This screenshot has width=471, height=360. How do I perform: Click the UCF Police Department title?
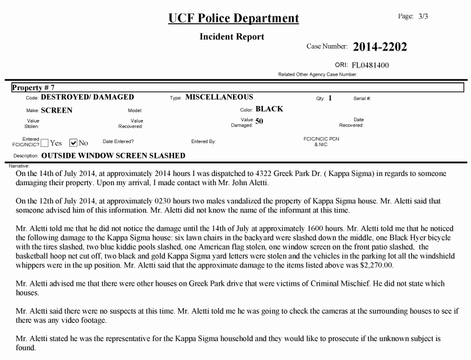coord(234,18)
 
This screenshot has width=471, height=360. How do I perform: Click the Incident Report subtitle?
coord(232,37)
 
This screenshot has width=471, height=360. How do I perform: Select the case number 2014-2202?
coord(380,47)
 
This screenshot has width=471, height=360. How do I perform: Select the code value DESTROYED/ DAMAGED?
coord(88,97)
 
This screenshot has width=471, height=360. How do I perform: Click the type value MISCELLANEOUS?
coord(219,97)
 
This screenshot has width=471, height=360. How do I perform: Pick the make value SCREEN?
coord(57,110)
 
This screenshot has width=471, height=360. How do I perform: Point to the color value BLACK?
coord(270,110)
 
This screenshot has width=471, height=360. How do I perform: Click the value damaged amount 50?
coord(259,121)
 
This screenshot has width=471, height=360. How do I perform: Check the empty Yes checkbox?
coord(45,143)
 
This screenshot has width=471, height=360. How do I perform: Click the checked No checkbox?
coord(73,143)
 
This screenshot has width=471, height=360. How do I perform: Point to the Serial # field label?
coord(362,98)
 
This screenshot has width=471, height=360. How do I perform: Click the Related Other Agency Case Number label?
coord(317,74)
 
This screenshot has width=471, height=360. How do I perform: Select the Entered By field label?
coord(203,141)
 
